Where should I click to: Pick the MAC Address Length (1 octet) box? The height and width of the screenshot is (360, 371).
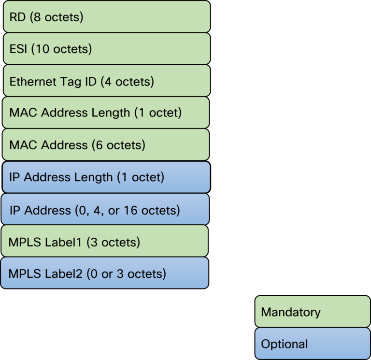(106, 113)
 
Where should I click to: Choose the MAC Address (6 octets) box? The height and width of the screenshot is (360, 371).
(106, 144)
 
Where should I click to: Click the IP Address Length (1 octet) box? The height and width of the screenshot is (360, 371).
(105, 177)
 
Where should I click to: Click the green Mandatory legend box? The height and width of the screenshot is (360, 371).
(313, 312)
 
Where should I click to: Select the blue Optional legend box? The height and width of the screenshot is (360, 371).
(313, 344)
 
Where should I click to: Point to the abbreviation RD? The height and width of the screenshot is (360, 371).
(17, 17)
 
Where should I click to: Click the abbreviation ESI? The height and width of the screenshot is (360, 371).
(19, 49)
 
